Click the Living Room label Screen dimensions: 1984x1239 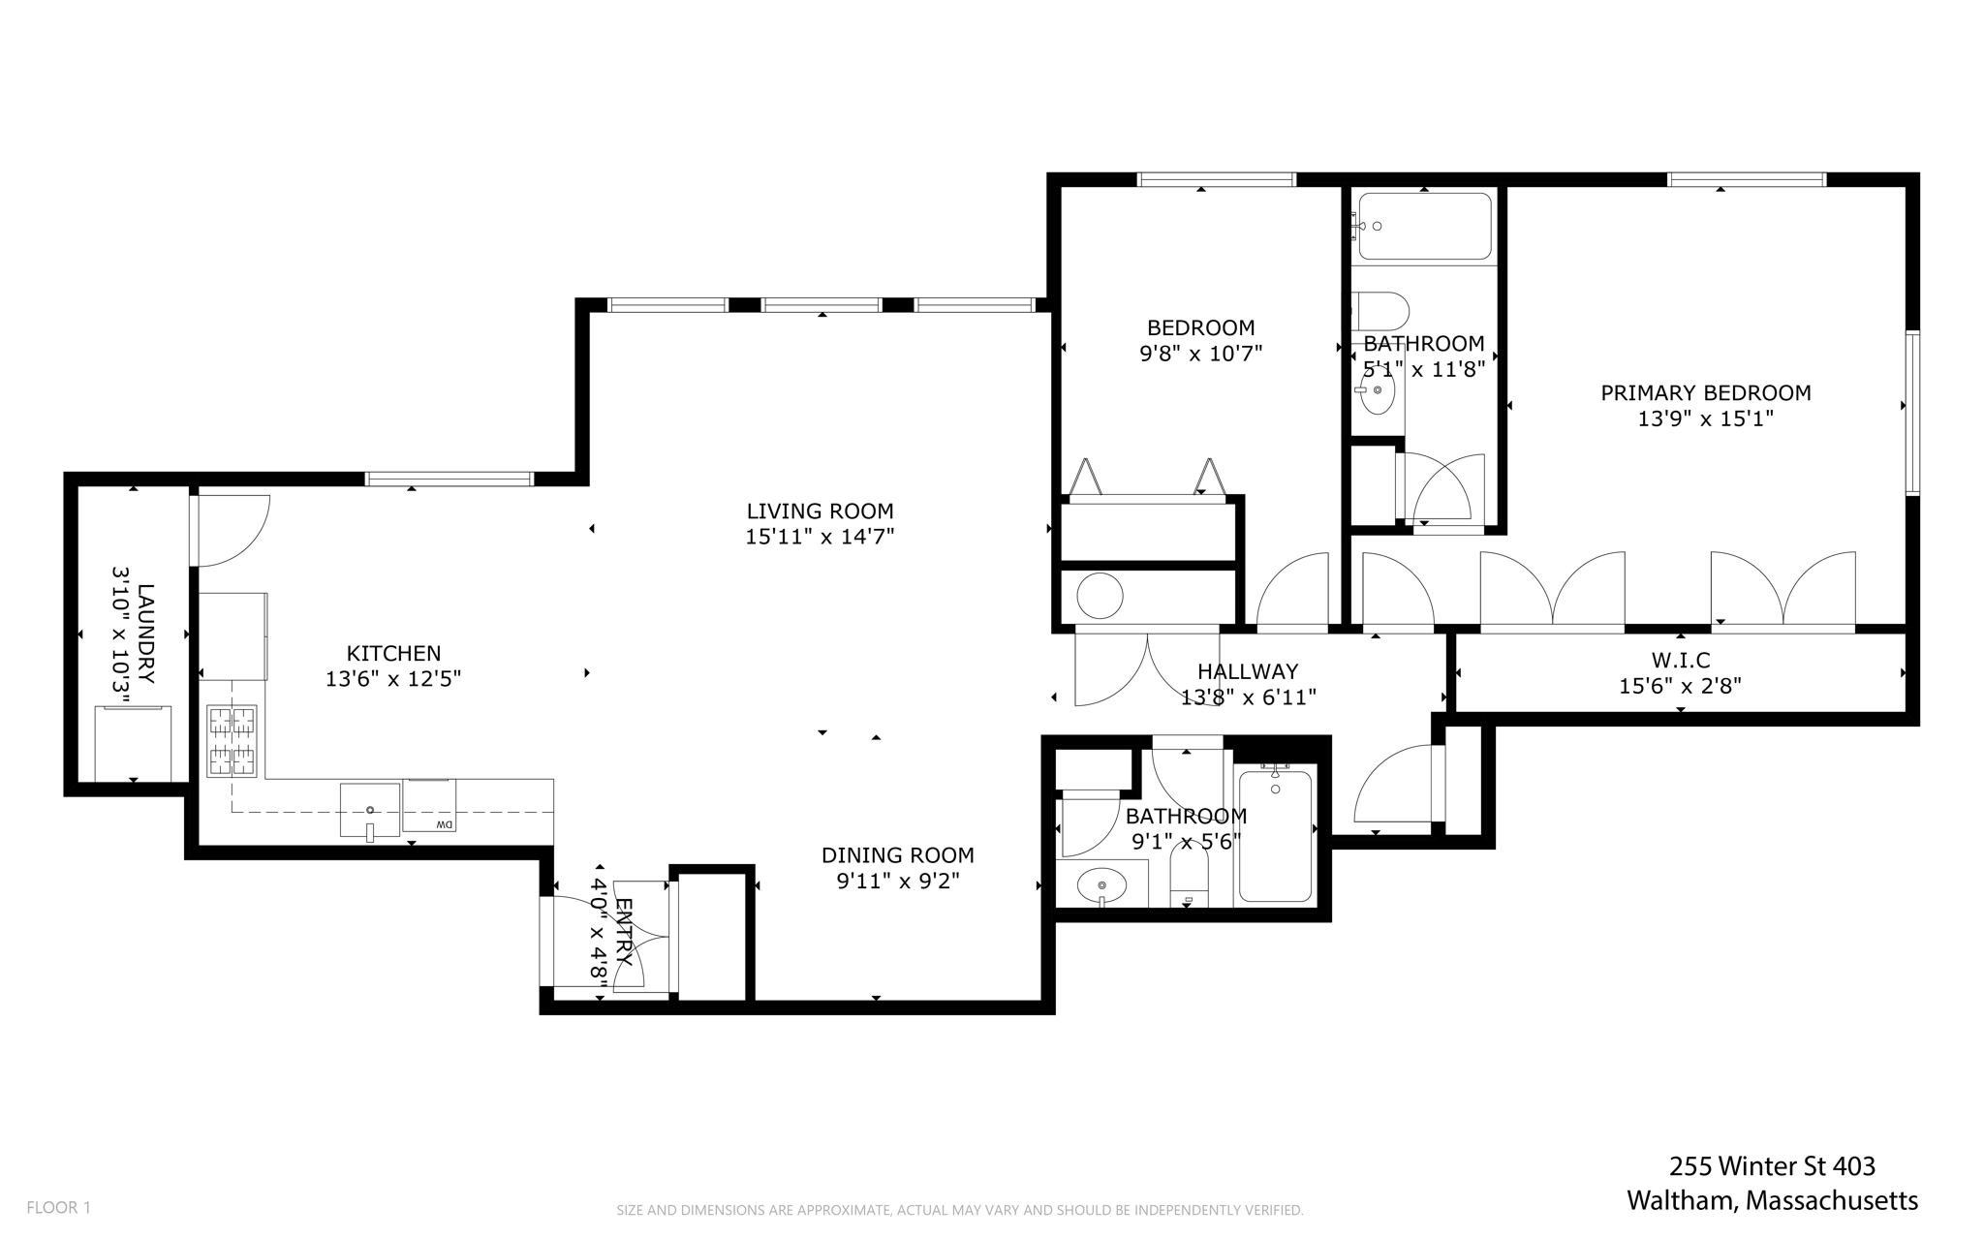click(x=820, y=511)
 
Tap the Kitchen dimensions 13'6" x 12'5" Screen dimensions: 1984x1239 click(x=393, y=679)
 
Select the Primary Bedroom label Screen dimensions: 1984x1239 click(x=1706, y=393)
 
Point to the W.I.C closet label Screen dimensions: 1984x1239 click(x=1681, y=661)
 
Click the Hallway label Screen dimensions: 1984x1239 click(x=1248, y=671)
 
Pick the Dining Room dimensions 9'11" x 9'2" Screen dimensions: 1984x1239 click(x=898, y=881)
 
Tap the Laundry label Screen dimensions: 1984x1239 click(x=145, y=634)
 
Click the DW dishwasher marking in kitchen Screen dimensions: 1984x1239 click(x=444, y=824)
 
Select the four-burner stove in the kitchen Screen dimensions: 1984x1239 click(x=232, y=741)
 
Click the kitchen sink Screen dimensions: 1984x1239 click(x=369, y=810)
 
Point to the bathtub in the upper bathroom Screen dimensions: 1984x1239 click(x=1424, y=227)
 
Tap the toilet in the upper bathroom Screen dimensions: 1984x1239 click(x=1379, y=312)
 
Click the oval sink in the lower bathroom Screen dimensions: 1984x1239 click(x=1101, y=885)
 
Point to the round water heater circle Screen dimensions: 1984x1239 click(x=1100, y=596)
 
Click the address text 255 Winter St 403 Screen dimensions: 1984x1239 click(x=1772, y=1165)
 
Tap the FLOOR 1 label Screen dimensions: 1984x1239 click(x=58, y=1208)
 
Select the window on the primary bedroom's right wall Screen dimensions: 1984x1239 click(x=1913, y=413)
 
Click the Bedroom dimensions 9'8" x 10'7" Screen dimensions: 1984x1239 click(x=1200, y=354)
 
